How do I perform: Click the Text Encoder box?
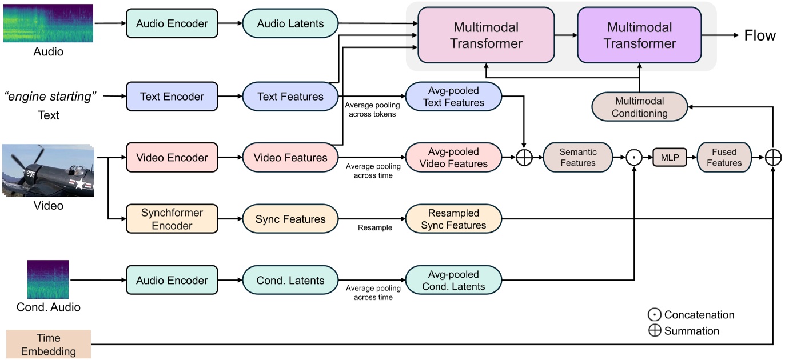click(x=172, y=97)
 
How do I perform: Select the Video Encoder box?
click(x=172, y=157)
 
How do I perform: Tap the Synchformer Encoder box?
click(x=172, y=219)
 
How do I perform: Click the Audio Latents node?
click(x=290, y=23)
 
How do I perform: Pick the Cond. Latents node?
click(x=290, y=281)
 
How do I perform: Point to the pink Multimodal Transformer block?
click(x=486, y=35)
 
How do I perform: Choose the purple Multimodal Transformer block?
click(x=640, y=35)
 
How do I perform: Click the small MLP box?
click(x=670, y=157)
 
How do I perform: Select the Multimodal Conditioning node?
click(x=639, y=107)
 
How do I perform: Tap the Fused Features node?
click(x=724, y=157)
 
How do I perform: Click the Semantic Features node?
click(x=577, y=157)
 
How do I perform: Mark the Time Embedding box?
click(x=49, y=344)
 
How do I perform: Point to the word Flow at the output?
click(x=759, y=35)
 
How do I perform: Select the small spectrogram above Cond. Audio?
click(x=48, y=279)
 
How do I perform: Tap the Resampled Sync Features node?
click(x=453, y=219)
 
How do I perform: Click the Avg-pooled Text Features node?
click(x=453, y=97)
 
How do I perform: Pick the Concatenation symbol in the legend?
click(x=655, y=315)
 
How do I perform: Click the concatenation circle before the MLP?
click(x=634, y=158)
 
